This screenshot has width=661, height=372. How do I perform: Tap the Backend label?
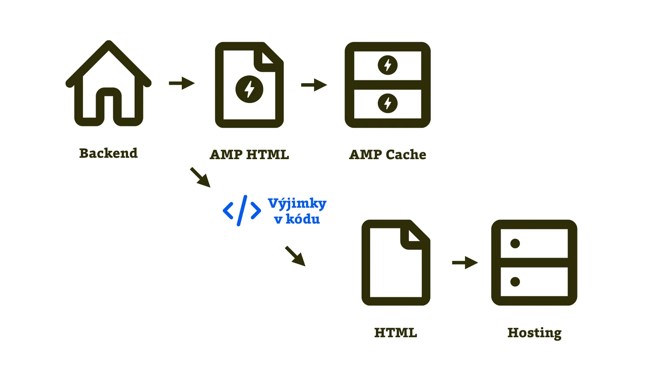[x=108, y=153]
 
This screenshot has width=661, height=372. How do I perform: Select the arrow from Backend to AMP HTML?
[x=182, y=83]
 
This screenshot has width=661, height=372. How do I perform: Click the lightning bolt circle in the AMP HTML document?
[x=249, y=89]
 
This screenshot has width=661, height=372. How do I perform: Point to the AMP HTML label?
[x=249, y=155]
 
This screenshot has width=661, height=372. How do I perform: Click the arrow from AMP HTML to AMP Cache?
[x=314, y=85]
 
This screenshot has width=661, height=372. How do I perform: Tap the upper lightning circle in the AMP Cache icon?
[x=388, y=65]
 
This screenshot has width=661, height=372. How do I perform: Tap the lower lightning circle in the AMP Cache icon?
[x=388, y=103]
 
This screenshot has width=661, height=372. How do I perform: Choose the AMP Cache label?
[x=388, y=155]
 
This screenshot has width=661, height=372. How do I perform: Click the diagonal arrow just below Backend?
[x=200, y=177]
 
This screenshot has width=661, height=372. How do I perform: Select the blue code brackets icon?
[x=242, y=211]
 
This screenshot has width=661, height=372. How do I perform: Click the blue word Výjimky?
[x=297, y=203]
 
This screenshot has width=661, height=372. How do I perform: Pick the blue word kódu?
[x=302, y=219]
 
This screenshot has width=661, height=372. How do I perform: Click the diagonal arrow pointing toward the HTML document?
[x=295, y=256]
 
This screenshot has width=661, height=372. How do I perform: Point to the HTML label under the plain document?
[x=395, y=333]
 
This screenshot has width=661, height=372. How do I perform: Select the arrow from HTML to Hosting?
[x=465, y=262]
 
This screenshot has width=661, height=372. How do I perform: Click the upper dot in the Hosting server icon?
[x=515, y=243]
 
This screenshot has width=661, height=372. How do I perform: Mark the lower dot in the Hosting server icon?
[x=515, y=282]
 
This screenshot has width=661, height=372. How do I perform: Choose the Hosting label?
[x=534, y=333]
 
